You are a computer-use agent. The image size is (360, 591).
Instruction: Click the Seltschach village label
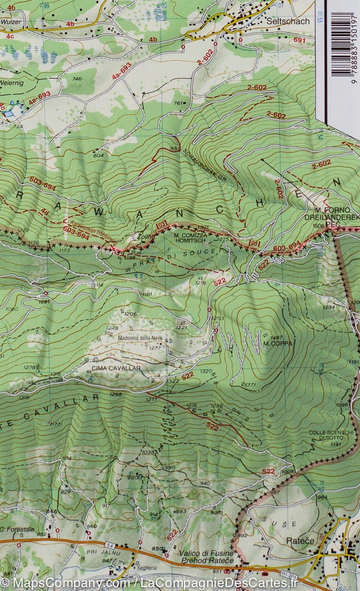point(288,21)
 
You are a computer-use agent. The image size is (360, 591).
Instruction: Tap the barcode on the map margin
point(342,44)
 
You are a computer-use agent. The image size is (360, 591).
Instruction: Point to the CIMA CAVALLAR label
point(116,368)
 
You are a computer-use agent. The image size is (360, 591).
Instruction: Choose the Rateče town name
point(300,540)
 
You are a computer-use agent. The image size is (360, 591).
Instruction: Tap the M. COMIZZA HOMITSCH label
point(189,238)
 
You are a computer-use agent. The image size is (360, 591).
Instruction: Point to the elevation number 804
point(99,155)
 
